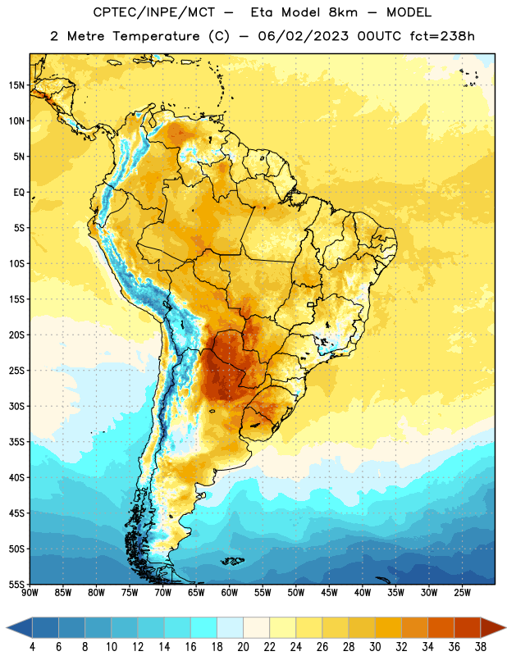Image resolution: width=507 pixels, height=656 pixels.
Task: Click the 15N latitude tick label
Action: coord(16,85)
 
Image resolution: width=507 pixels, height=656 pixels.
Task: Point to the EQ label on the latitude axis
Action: coord(19,193)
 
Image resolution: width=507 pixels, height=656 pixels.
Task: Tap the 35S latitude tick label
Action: coord(16,442)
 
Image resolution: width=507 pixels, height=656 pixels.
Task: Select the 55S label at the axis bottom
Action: coord(16,584)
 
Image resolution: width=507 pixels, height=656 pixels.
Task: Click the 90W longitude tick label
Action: coord(30,593)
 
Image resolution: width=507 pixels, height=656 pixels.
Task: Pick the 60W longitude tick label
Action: coord(230,593)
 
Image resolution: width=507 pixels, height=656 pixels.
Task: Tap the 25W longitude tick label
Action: coord(462,593)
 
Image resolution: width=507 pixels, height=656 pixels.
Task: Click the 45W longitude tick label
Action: coord(329,593)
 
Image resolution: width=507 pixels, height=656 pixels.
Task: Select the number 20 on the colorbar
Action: coord(243,647)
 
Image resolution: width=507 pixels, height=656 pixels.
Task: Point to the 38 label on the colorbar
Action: coord(480,647)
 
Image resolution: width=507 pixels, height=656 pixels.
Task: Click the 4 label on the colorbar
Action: coord(32,647)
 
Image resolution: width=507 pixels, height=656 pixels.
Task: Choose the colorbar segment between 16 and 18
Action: coord(203,627)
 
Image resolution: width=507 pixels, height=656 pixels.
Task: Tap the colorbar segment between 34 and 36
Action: coord(441,627)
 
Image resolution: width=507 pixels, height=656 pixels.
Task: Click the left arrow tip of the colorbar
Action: coord(7,627)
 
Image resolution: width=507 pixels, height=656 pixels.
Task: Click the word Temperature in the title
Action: coord(156,36)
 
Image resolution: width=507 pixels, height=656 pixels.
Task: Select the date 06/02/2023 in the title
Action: coord(303,36)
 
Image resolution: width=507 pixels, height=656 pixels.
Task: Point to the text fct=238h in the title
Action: coord(442,36)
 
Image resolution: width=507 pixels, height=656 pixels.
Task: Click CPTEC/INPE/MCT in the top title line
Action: coord(154,12)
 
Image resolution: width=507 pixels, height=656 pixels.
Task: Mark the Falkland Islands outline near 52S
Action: coord(232,561)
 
